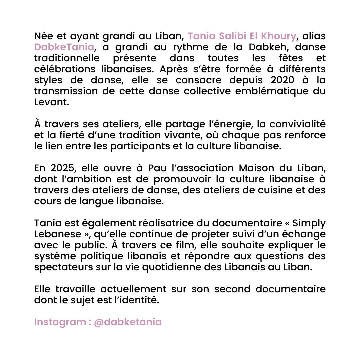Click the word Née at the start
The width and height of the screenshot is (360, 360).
42,36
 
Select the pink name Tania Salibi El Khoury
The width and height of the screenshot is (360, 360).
242,36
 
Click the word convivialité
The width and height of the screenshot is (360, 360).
298,124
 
